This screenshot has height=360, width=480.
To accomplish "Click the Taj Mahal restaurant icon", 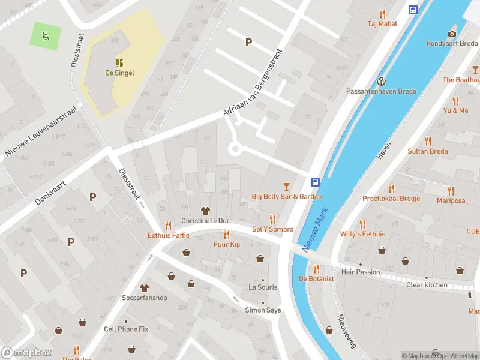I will (382, 14).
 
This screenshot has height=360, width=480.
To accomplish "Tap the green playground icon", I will (44, 36).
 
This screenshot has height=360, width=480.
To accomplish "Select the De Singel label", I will (119, 73).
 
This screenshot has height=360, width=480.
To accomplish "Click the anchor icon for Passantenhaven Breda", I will (380, 81).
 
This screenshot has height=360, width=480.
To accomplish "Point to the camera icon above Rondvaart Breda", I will (452, 34).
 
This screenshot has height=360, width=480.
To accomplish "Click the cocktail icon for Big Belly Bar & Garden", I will (286, 187).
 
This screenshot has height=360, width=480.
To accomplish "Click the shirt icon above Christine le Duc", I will (206, 211).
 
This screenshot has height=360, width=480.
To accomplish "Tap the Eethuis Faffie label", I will (169, 235).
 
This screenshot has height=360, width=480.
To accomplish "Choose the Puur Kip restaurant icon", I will (226, 235).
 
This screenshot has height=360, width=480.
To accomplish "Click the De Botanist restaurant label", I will (316, 278).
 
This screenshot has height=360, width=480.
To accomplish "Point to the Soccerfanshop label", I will (144, 298).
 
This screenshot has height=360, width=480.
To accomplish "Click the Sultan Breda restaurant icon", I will (427, 141).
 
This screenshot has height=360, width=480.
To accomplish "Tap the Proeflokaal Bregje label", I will (391, 198).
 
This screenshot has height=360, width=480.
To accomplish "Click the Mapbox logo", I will (26, 353).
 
